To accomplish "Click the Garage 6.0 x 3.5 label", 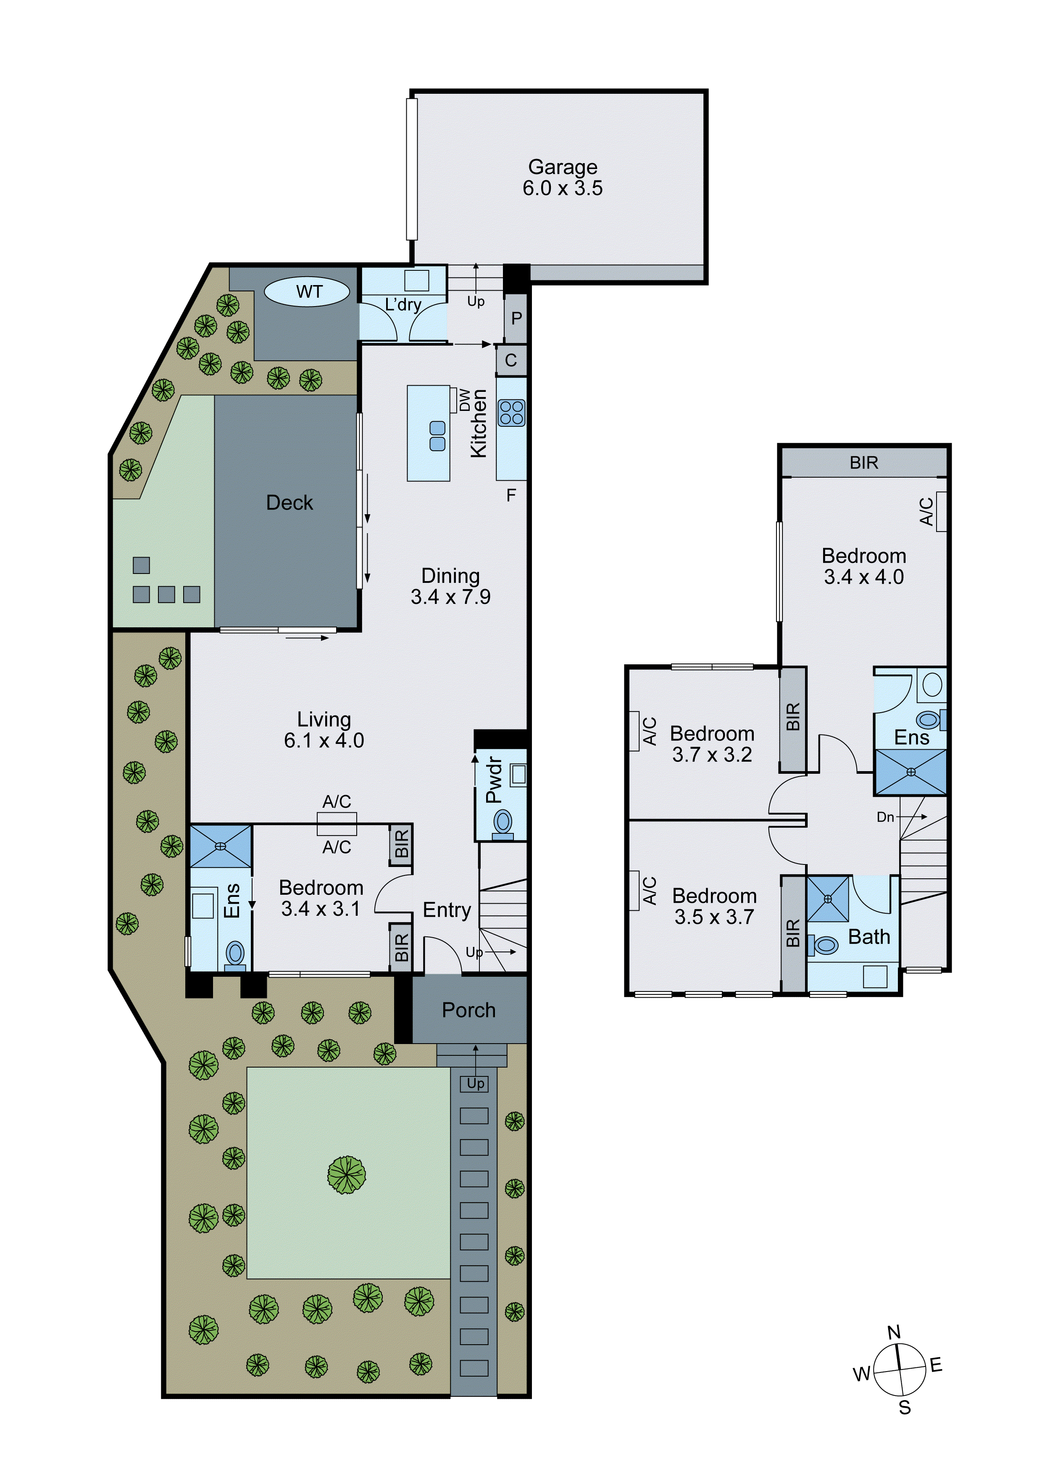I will point(563,177).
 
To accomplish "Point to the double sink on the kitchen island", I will point(437,436).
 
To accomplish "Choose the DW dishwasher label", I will point(464,399).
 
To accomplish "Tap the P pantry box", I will point(516,318).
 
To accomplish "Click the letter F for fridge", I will point(511,495).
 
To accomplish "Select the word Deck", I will point(289,502).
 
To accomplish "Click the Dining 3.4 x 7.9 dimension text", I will point(451,597).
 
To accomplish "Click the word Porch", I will point(468,1010).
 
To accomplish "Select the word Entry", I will point(447,909).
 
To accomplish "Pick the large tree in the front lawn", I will point(346,1175).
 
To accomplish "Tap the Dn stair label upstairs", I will point(885,817).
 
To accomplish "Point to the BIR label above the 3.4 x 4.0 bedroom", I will point(863,463).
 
